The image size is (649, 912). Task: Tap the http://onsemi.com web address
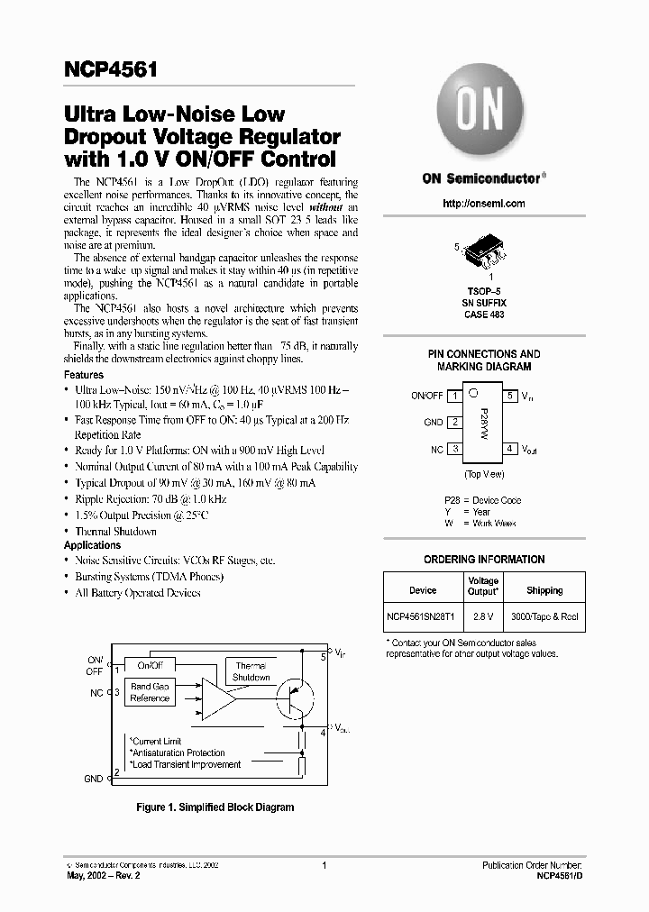484,204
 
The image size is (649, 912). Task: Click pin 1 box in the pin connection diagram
456,396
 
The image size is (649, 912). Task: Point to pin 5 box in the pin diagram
509,396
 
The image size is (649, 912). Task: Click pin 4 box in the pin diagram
509,448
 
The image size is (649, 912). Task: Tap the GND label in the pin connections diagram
433,422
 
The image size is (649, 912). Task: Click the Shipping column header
544,591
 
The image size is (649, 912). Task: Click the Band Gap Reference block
150,692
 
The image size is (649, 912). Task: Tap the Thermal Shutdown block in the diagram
251,671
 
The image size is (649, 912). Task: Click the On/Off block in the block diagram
150,665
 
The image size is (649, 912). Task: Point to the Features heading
84,375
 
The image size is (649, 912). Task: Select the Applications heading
92,545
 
